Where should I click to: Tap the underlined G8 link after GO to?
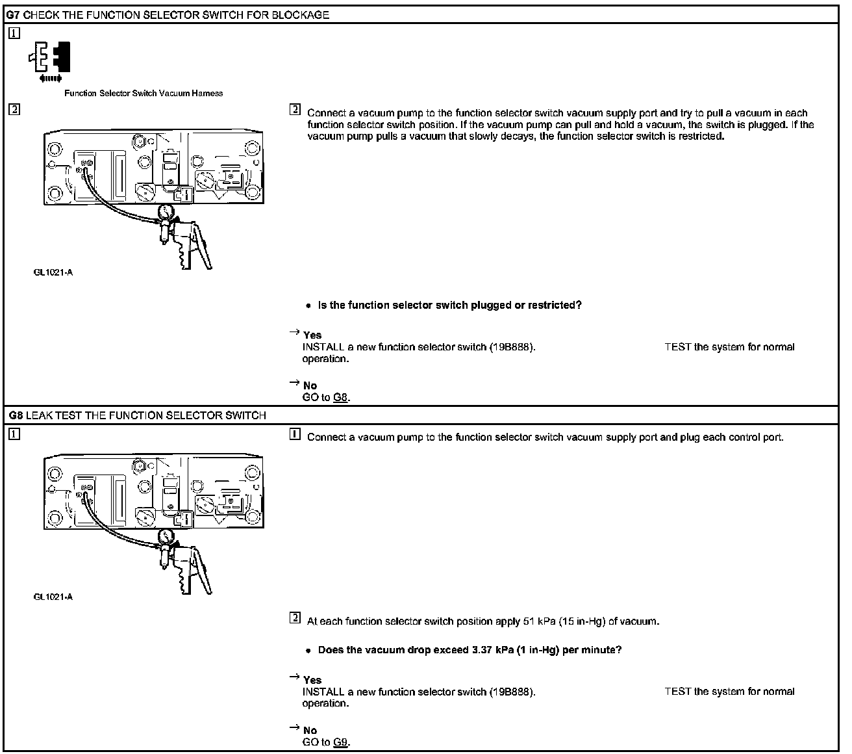pyautogui.click(x=341, y=397)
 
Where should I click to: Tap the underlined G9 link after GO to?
pyautogui.click(x=341, y=742)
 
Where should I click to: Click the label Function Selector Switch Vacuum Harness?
pyautogui.click(x=144, y=94)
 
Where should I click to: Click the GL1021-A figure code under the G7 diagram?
pyautogui.click(x=53, y=272)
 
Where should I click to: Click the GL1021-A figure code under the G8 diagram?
pyautogui.click(x=53, y=597)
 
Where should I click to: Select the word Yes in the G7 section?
pyautogui.click(x=312, y=335)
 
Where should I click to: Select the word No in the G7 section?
pyautogui.click(x=310, y=385)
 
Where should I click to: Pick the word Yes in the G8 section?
pyautogui.click(x=312, y=680)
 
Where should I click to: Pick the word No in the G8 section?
pyautogui.click(x=310, y=730)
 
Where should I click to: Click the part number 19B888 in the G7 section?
pyautogui.click(x=511, y=347)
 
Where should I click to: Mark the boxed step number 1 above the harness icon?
pyautogui.click(x=14, y=33)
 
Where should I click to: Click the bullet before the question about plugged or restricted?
pyautogui.click(x=308, y=305)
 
